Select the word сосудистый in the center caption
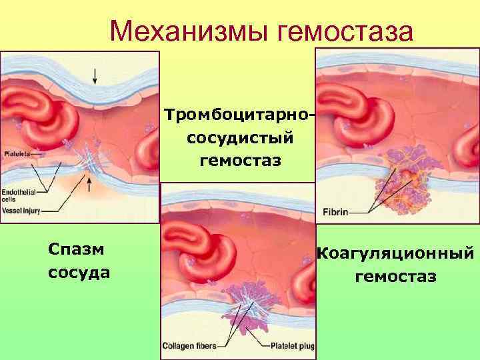coord(238,138)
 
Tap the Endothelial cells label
coord(15,195)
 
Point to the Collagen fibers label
coord(191,346)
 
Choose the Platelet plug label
coord(293,346)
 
